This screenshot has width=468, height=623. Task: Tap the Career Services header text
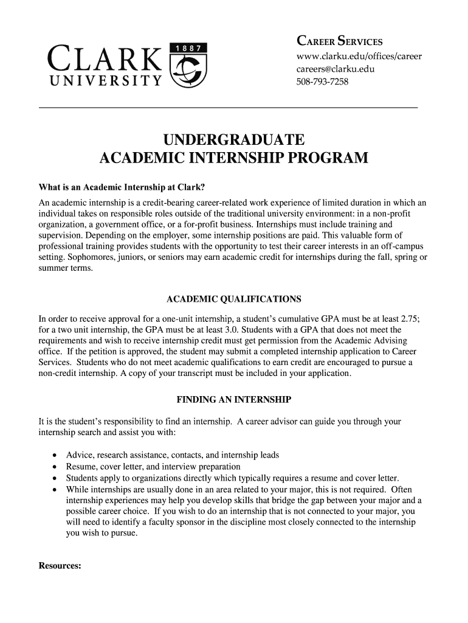click(339, 41)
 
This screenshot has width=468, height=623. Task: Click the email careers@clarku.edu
click(335, 69)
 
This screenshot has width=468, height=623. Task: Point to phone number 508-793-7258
click(322, 81)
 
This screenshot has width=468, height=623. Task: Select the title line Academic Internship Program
click(234, 159)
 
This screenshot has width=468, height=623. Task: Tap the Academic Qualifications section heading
click(234, 299)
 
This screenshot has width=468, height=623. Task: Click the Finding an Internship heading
click(234, 400)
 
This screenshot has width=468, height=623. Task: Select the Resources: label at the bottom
click(60, 566)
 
